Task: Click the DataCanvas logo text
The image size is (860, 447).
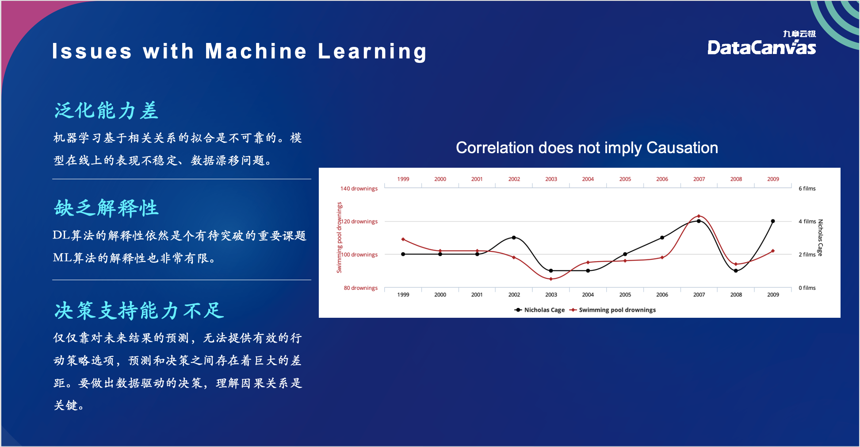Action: [761, 47]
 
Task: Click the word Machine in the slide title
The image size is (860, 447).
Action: [256, 51]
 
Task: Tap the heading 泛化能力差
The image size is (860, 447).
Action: [106, 111]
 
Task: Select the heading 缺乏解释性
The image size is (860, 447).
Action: [106, 208]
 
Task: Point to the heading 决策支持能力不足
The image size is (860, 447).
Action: [139, 311]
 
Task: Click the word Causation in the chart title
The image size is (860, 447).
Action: [682, 148]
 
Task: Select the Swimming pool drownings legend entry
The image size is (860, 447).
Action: [613, 310]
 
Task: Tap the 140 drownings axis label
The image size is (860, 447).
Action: [359, 189]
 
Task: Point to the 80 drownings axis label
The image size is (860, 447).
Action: [361, 288]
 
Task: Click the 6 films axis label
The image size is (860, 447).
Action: [807, 189]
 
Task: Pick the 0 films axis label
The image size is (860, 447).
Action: [807, 288]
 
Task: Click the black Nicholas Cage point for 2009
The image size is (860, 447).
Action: [773, 221]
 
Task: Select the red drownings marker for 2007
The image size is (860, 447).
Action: [699, 216]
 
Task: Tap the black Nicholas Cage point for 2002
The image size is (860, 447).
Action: [514, 238]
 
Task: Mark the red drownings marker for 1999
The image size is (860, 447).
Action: [403, 239]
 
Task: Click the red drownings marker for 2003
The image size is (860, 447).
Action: [551, 279]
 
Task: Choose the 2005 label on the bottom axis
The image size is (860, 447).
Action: [625, 295]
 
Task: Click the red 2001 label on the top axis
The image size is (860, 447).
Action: [477, 179]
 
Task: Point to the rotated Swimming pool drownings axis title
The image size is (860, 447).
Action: [339, 238]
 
